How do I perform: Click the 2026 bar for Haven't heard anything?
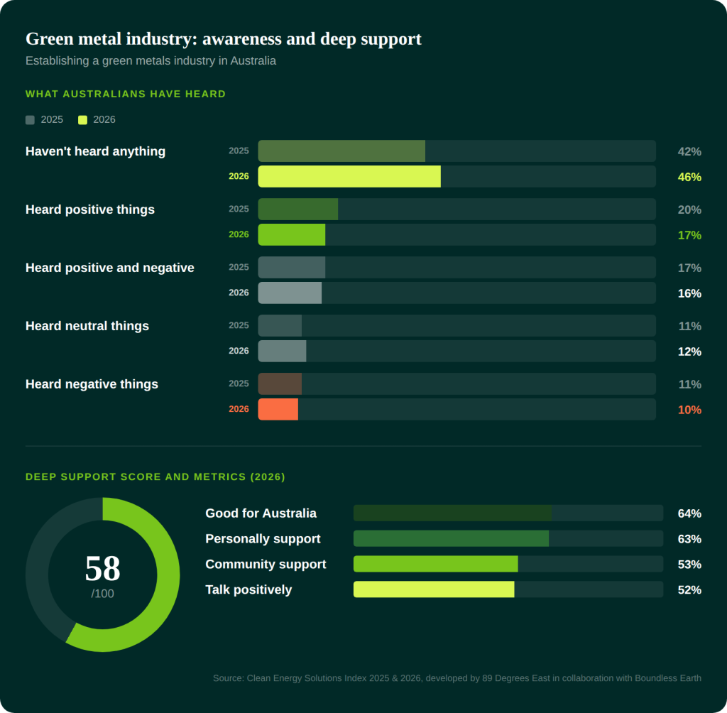[x=349, y=176]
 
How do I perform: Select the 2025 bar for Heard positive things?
[x=297, y=209]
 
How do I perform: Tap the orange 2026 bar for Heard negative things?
[x=278, y=409]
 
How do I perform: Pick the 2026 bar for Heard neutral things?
[x=282, y=351]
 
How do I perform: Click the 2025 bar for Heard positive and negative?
[x=291, y=267]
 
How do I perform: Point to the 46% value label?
[x=689, y=177]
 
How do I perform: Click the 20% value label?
[x=689, y=209]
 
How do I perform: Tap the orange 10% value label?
[x=689, y=410]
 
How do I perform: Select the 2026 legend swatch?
[x=82, y=120]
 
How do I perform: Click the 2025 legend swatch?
[x=30, y=120]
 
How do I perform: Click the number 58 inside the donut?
[x=102, y=568]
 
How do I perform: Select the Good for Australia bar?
[x=452, y=513]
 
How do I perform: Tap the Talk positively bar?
[x=434, y=589]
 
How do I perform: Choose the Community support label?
[x=266, y=564]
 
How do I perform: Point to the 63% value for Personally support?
[x=689, y=539]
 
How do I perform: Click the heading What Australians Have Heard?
[x=126, y=94]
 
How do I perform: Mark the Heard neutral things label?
[x=87, y=326]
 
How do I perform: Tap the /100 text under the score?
[x=102, y=594]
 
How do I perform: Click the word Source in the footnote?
[x=228, y=678]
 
